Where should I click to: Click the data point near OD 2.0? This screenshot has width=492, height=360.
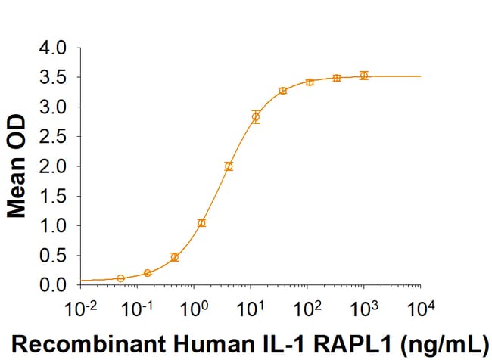click(x=229, y=166)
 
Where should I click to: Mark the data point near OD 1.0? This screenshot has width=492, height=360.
click(x=201, y=222)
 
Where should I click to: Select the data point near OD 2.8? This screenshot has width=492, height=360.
click(x=256, y=116)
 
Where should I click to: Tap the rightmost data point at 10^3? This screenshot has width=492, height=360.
click(x=364, y=76)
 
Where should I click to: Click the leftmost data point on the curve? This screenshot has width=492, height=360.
click(x=120, y=278)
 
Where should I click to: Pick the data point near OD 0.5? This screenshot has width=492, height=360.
click(x=175, y=257)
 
